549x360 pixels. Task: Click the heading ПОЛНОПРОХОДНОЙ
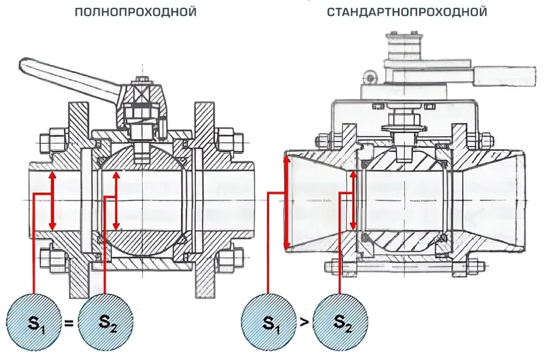[135, 11]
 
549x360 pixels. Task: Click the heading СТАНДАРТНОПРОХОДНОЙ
[407, 11]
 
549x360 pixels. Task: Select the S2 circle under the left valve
[105, 322]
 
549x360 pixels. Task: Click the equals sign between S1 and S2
[69, 323]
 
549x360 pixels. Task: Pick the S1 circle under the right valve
[268, 322]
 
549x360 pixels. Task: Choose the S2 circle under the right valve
[340, 322]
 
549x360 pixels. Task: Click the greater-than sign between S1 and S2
[303, 323]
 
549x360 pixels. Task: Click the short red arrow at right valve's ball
[353, 200]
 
